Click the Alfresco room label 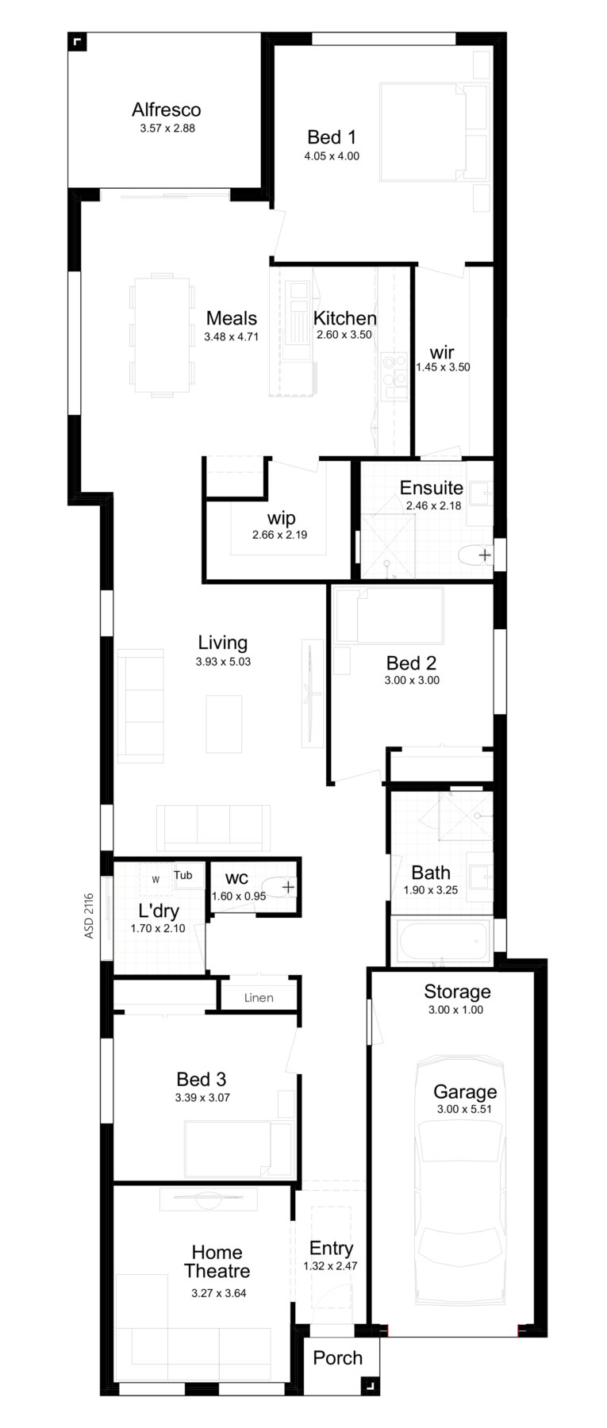pos(166,109)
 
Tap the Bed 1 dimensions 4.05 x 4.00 pos(332,156)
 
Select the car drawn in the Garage pos(459,1184)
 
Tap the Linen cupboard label pos(259,998)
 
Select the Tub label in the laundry pos(183,876)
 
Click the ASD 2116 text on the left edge pos(89,916)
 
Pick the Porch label pos(337,1357)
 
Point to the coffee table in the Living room pos(224,724)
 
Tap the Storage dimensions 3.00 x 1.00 pos(457,1010)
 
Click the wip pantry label pos(281,519)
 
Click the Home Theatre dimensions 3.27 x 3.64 pos(219,1293)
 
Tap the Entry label pos(331,1249)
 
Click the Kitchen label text pos(344,318)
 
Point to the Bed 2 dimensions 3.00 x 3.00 pos(413,680)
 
